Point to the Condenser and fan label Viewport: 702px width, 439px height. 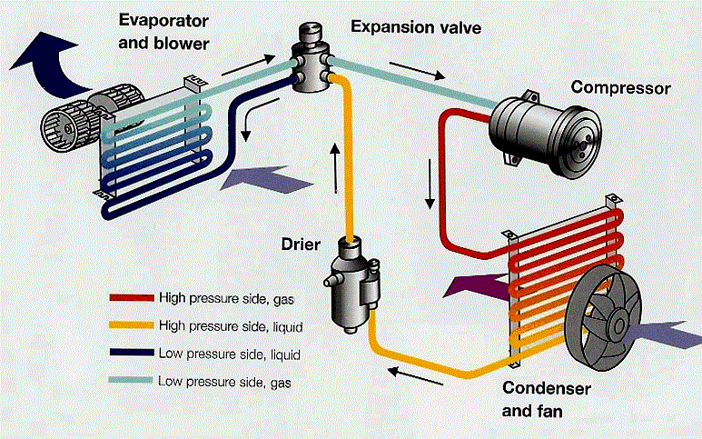coord(544,399)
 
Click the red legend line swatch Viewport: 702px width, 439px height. coord(130,297)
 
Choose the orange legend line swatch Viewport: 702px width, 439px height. coord(130,324)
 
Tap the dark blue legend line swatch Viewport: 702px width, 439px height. coord(130,353)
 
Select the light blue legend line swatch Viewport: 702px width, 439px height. coord(130,381)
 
